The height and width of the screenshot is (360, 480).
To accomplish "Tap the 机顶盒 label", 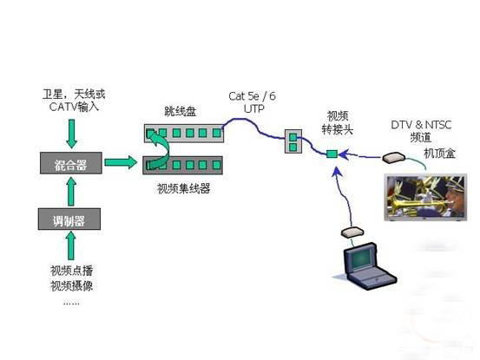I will pyautogui.click(x=439, y=153).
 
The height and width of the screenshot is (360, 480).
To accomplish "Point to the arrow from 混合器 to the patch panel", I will pyautogui.click(x=122, y=162).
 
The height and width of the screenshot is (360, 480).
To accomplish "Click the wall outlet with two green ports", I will pyautogui.click(x=293, y=141).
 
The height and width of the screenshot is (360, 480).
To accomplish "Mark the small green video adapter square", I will pyautogui.click(x=331, y=154).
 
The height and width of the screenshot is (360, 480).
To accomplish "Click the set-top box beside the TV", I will pyautogui.click(x=392, y=159).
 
